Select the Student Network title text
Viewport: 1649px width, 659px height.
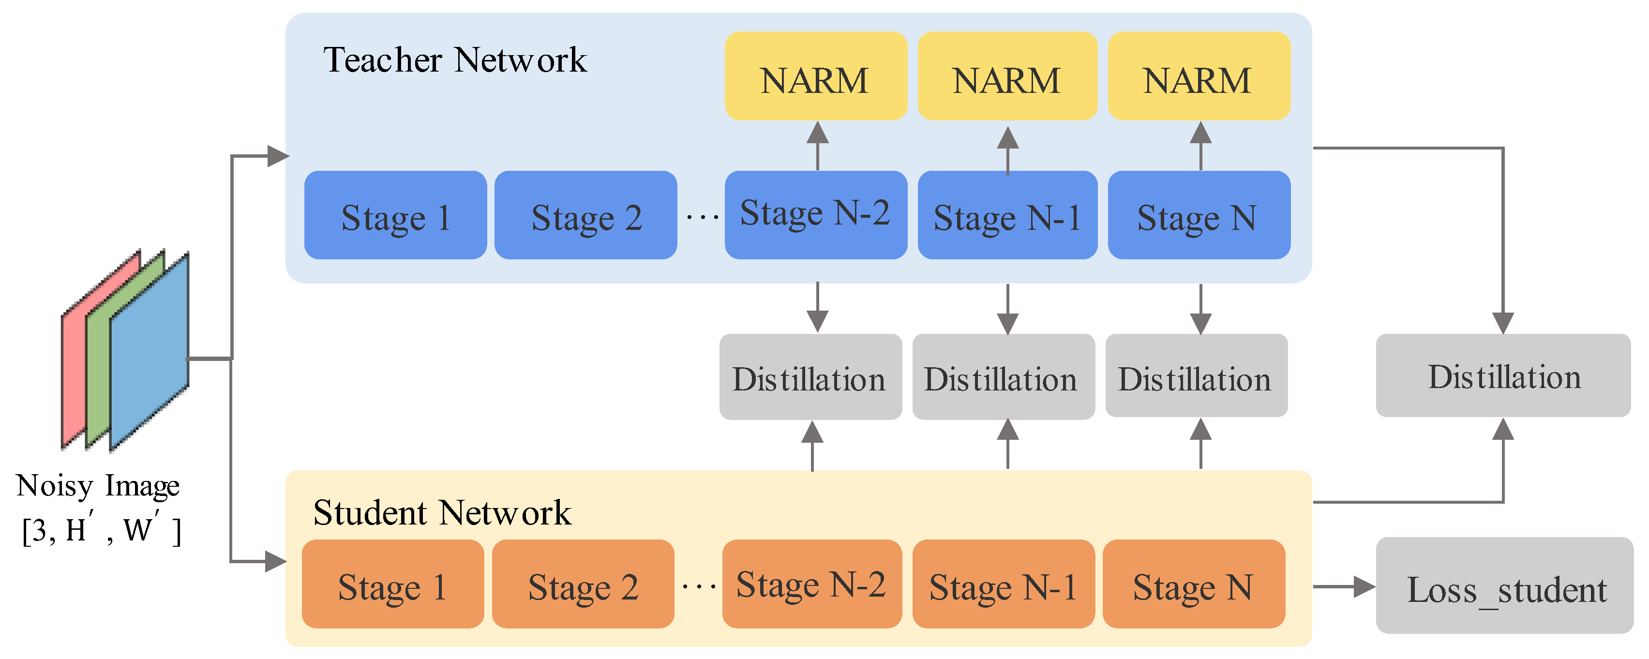pyautogui.click(x=442, y=513)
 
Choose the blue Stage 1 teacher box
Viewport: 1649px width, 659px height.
pyautogui.click(x=395, y=215)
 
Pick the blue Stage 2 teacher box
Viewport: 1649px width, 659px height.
pyautogui.click(x=585, y=215)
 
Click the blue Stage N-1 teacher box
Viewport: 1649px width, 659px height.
pyautogui.click(x=1007, y=215)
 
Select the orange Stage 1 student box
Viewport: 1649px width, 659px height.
pyautogui.click(x=392, y=584)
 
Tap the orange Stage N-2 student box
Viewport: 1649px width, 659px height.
pyautogui.click(x=811, y=584)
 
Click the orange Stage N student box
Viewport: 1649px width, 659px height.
pyautogui.click(x=1193, y=584)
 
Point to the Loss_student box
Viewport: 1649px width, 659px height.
pyautogui.click(x=1504, y=585)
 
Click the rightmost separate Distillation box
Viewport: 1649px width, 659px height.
pyautogui.click(x=1502, y=375)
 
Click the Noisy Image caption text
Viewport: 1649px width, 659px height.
pyautogui.click(x=98, y=486)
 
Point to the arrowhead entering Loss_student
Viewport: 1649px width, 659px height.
pyautogui.click(x=1364, y=586)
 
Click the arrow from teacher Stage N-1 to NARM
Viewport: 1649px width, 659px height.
pyautogui.click(x=1007, y=150)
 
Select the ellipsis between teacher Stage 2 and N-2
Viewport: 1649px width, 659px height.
pyautogui.click(x=702, y=217)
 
